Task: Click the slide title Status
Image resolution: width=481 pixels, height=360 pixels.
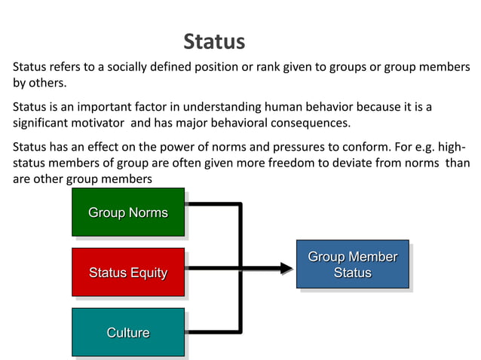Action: point(214,41)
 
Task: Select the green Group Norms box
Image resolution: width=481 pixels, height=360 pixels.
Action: point(128,212)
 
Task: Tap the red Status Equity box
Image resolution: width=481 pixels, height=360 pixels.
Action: point(128,272)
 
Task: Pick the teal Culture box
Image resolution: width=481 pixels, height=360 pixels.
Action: point(128,332)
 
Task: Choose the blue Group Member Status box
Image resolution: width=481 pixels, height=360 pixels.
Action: point(352,264)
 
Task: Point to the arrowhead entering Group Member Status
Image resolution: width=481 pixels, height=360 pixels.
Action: point(286,267)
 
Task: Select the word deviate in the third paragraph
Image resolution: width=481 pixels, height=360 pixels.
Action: point(346,163)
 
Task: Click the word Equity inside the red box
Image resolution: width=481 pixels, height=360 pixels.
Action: point(146,272)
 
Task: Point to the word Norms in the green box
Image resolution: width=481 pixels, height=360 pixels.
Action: point(148,212)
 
